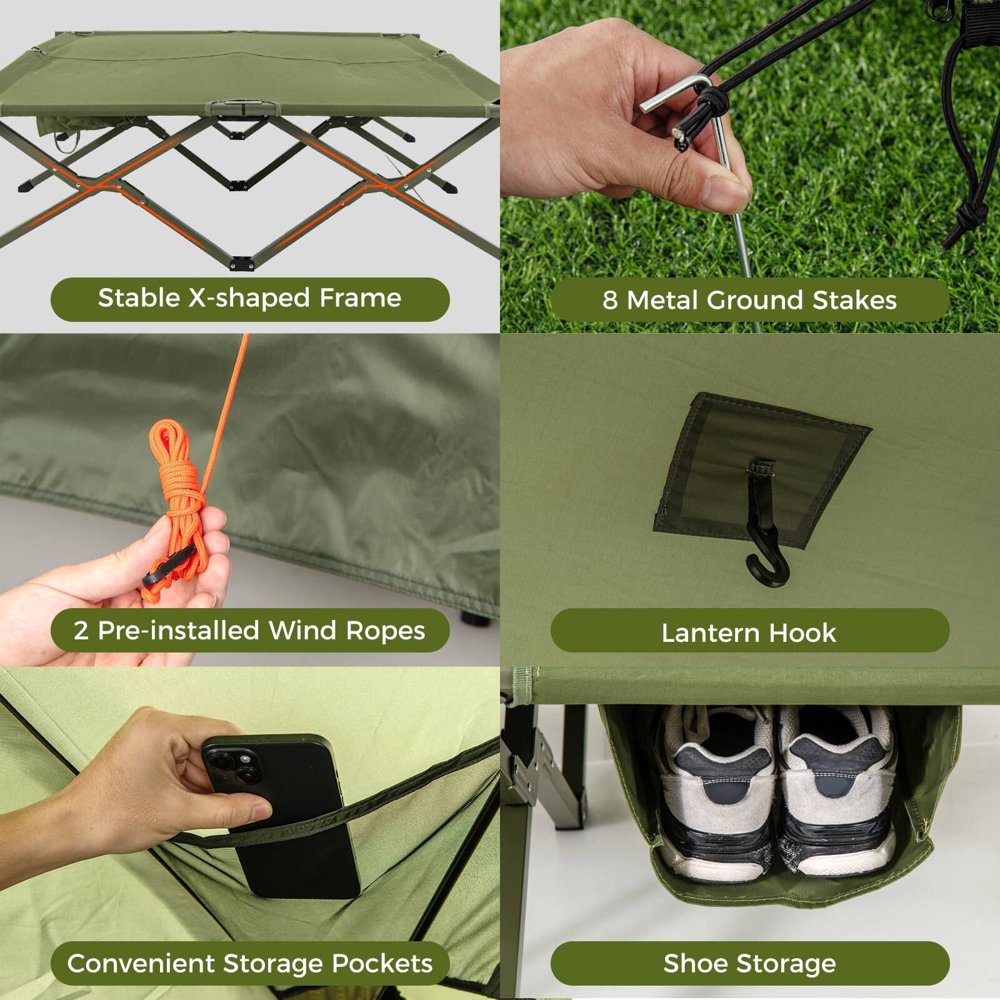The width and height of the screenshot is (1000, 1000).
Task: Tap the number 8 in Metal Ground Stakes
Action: [610, 301]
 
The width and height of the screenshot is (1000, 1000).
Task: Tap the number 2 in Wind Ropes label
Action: [81, 631]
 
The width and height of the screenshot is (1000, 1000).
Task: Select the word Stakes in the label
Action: [854, 301]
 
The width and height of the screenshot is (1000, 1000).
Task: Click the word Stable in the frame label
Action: [139, 298]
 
